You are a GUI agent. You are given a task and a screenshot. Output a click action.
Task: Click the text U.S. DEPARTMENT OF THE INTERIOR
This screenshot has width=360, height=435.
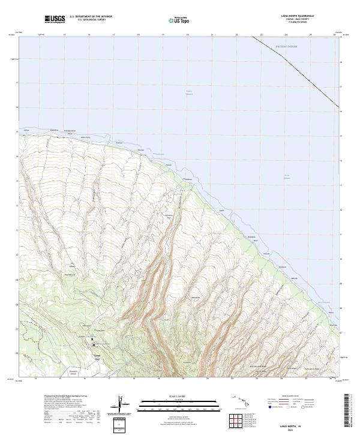91,17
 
